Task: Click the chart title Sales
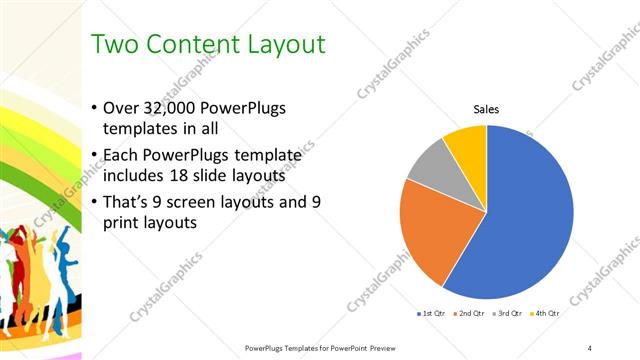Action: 486,110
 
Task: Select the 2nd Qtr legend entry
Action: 469,314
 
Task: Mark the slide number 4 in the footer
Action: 590,347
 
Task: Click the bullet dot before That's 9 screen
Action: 94,201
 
